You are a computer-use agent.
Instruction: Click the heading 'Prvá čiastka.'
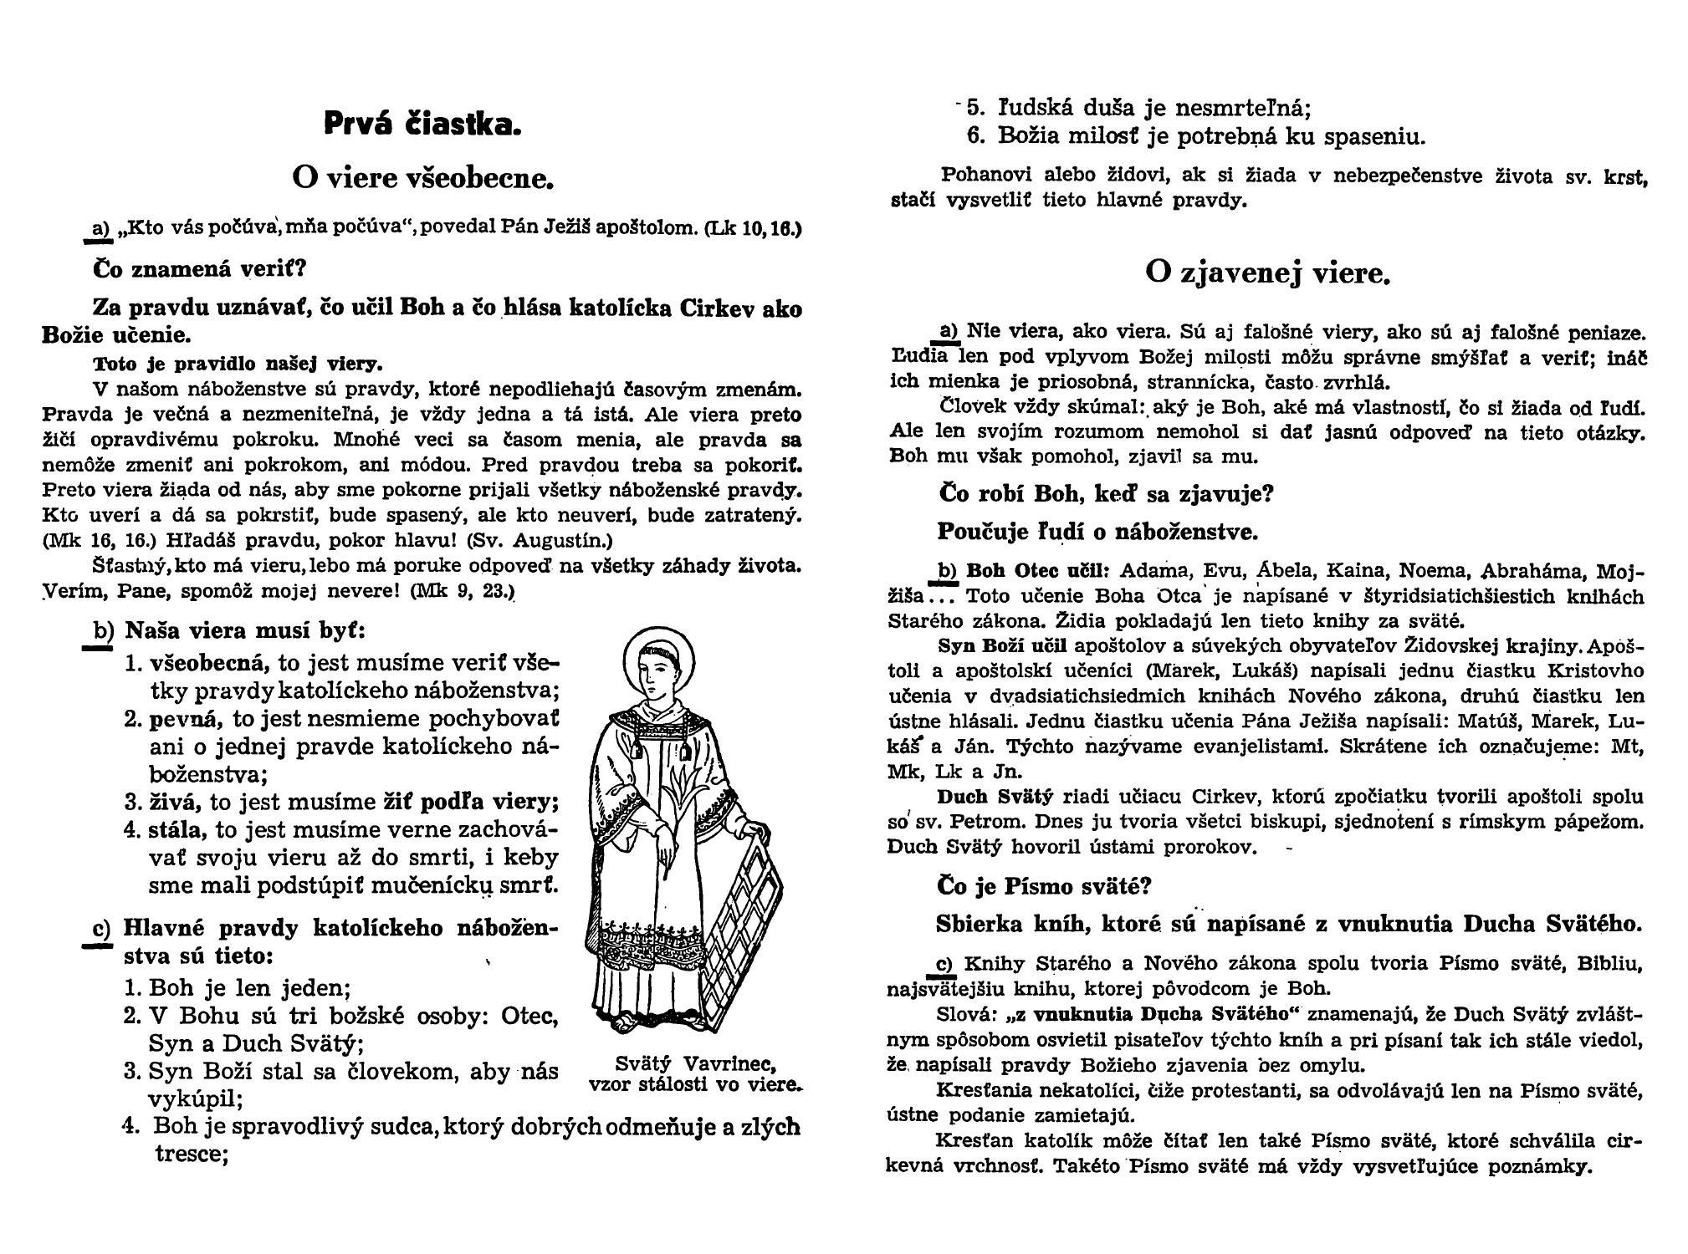tap(422, 125)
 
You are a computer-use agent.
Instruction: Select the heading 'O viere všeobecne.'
tap(422, 177)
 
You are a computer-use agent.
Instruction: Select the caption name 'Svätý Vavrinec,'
tap(696, 1064)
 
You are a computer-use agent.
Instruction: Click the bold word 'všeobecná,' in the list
tap(210, 664)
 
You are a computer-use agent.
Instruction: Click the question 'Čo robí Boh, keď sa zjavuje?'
tap(1105, 494)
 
